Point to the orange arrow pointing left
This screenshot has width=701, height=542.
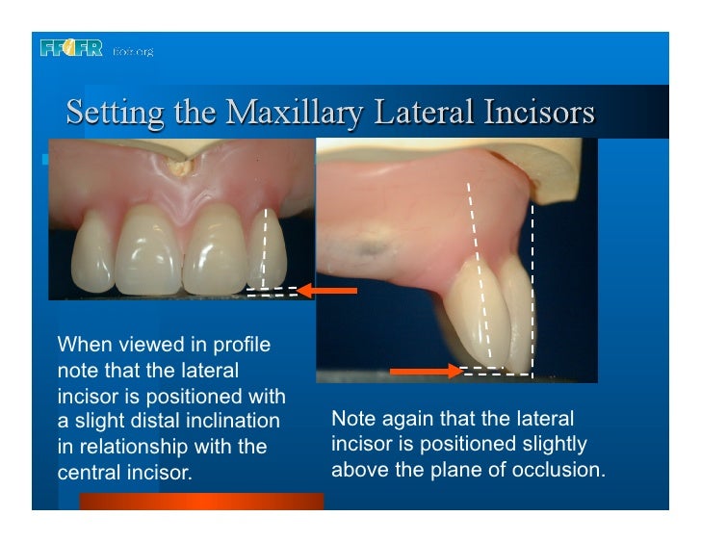coord(326,290)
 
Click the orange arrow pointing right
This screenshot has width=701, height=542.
coord(425,371)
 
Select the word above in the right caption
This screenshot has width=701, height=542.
coord(357,470)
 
